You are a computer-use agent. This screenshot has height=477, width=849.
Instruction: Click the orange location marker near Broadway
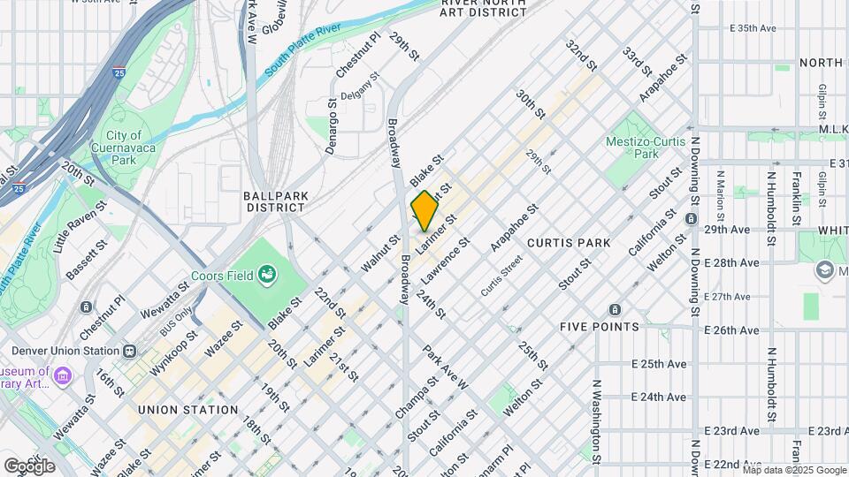click(424, 210)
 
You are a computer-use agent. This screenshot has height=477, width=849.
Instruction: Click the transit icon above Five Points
click(615, 310)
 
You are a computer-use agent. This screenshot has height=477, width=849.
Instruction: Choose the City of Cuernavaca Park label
click(123, 148)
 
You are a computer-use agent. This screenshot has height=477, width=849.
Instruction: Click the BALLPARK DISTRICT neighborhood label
click(274, 201)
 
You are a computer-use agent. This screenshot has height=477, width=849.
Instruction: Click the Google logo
click(29, 466)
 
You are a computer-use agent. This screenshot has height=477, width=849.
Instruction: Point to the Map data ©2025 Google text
click(793, 470)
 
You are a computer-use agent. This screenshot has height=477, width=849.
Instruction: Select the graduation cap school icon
click(825, 269)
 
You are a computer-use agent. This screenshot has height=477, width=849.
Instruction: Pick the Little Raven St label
click(80, 227)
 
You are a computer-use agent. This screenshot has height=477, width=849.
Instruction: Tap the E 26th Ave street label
click(732, 330)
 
